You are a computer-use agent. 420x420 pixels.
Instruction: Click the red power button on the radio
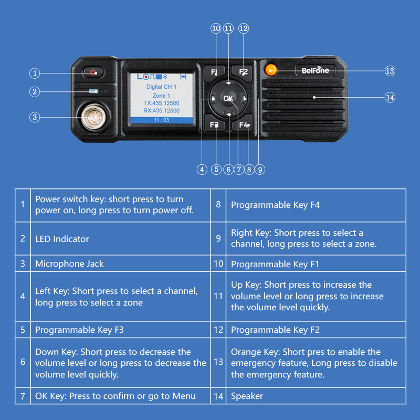tap(93, 72)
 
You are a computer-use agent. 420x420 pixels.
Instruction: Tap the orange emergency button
tap(271, 69)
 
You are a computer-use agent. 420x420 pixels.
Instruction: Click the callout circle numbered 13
tap(390, 71)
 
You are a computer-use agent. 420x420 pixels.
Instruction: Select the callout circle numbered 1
tap(34, 73)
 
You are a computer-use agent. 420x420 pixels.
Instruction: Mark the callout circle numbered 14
tap(390, 98)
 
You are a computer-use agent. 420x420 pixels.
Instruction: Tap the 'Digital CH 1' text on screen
tap(161, 86)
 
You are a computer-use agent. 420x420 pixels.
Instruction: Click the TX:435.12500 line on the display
tap(161, 103)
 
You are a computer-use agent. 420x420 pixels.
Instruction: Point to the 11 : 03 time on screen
tap(161, 120)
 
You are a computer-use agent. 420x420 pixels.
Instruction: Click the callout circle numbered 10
tap(216, 28)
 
